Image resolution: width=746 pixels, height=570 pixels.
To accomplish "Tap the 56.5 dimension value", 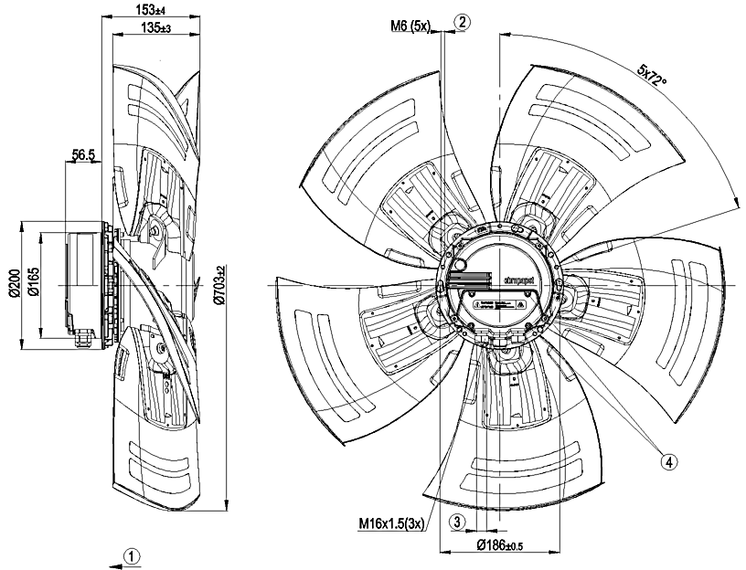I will coord(84,156).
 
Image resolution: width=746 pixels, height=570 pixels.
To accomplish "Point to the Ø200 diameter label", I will coord(14,285).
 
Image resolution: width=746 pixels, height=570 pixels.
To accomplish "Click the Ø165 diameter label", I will coord(34,285).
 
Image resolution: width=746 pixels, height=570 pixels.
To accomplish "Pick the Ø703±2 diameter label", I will coord(218,285).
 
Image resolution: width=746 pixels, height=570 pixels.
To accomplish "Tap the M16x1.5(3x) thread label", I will coord(389,523).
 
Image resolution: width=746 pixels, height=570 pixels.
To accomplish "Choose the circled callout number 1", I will coord(133,554).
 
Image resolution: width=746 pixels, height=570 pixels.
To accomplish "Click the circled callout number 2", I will coord(464,21).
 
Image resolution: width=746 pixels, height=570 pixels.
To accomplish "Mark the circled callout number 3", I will coord(457,521).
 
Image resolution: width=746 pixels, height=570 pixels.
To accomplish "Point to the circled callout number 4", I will coord(670,461).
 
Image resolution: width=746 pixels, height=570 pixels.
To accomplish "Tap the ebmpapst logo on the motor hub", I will coord(519,275).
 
